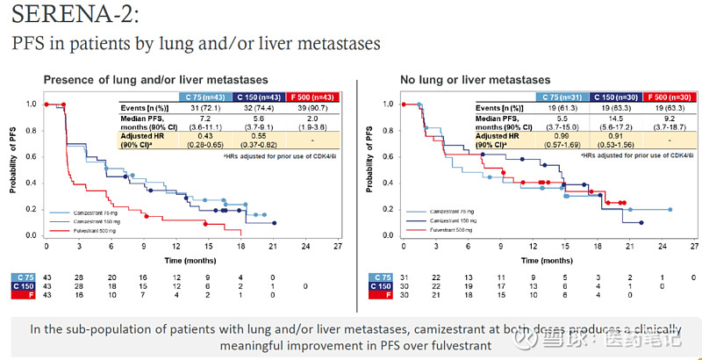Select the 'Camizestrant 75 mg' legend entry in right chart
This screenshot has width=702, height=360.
(x=455, y=212)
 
